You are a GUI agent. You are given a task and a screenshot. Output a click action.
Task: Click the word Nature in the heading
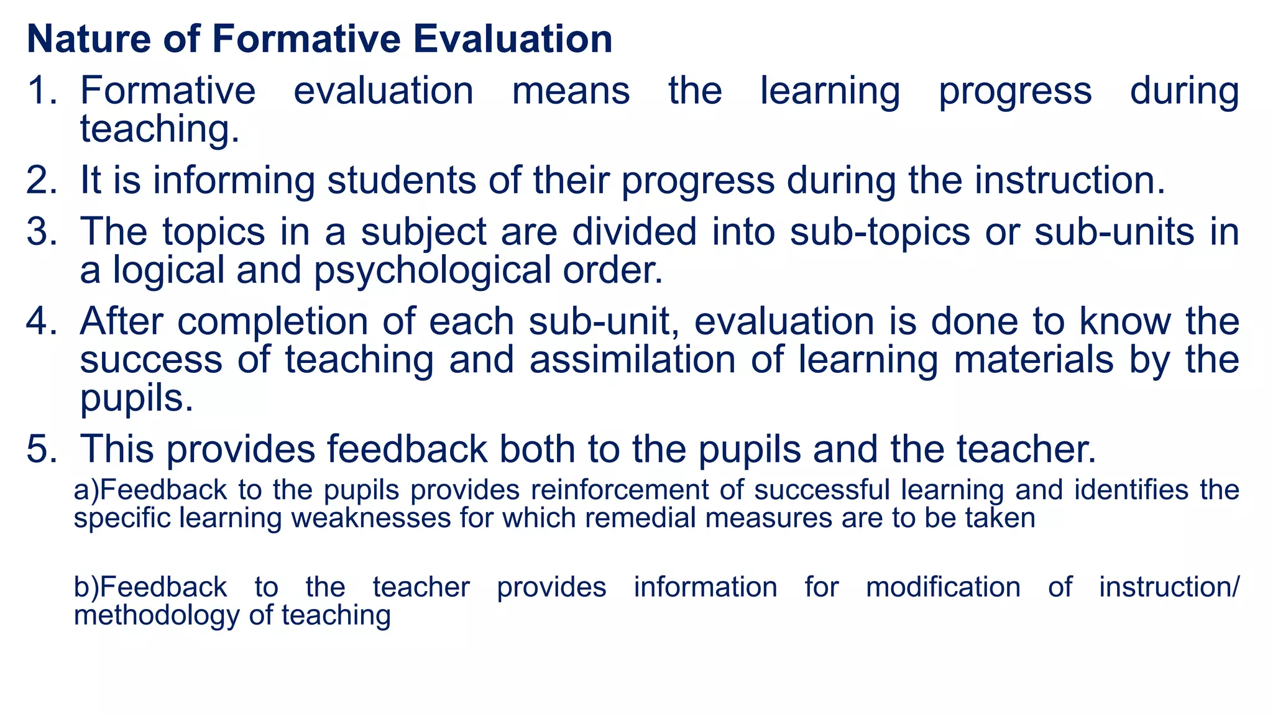(x=89, y=39)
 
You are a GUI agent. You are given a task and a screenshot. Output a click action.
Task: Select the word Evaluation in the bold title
(x=513, y=39)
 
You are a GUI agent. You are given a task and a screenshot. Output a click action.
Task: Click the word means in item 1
(x=571, y=91)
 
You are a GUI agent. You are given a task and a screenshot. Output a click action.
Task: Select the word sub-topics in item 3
(x=880, y=232)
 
